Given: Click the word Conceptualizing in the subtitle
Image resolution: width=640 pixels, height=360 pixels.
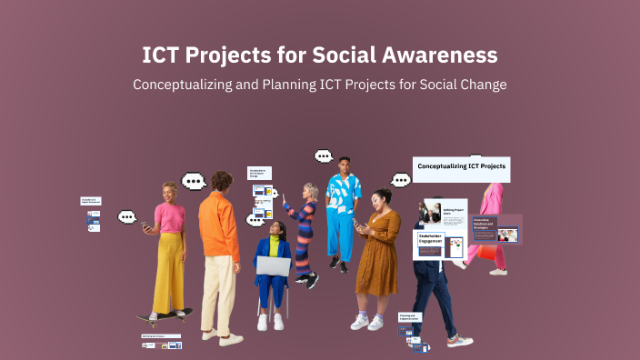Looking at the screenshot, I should (x=187, y=84).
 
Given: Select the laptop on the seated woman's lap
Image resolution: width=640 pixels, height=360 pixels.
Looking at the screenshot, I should (x=273, y=265).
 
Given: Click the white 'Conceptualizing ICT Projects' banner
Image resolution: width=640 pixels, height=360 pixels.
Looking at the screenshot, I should (x=462, y=167).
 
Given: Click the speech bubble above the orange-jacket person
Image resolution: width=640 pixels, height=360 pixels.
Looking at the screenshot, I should (x=194, y=180).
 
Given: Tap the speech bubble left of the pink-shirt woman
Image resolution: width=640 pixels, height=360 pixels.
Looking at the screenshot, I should (x=127, y=217).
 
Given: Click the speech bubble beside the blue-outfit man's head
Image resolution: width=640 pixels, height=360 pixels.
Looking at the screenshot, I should (x=324, y=156).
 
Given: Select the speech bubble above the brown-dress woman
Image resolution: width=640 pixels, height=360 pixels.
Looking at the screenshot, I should (x=401, y=179).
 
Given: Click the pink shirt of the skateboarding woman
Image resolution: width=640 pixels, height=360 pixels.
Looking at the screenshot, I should (x=169, y=217).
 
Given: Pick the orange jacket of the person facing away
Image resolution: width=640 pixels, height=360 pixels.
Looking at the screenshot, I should (x=219, y=227).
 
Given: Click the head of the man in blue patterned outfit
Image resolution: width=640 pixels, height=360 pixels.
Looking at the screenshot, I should (x=343, y=165).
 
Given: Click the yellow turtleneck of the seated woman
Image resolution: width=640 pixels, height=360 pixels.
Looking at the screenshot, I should (x=273, y=245).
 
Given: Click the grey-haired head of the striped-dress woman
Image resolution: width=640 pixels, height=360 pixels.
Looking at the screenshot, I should (x=311, y=191).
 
